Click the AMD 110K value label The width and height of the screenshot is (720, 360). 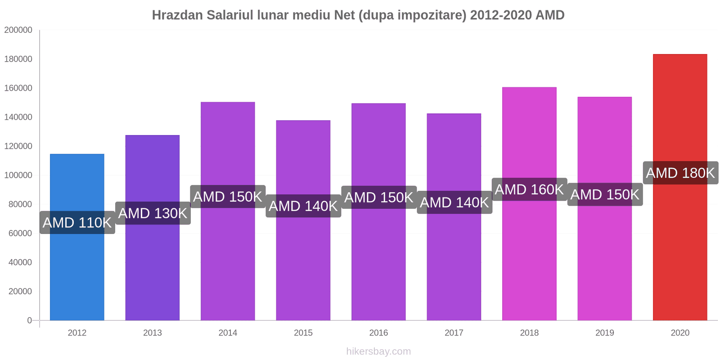77,223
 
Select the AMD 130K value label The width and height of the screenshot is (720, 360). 153,213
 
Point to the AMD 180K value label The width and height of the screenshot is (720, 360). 680,173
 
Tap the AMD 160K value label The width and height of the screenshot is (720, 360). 529,189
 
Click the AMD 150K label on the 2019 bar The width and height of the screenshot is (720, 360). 604,194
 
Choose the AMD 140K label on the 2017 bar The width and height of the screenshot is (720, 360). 454,202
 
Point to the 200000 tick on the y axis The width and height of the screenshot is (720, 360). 18,30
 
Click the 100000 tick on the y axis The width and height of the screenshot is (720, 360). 18,175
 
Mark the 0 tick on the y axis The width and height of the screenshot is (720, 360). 30,320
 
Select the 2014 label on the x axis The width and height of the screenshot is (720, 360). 228,333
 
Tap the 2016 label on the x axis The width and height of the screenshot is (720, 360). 378,333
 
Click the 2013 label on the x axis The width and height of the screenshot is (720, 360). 153,333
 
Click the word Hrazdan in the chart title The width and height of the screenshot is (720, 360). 177,15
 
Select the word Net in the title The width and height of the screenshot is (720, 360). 344,15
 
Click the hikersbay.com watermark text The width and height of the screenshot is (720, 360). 378,351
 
